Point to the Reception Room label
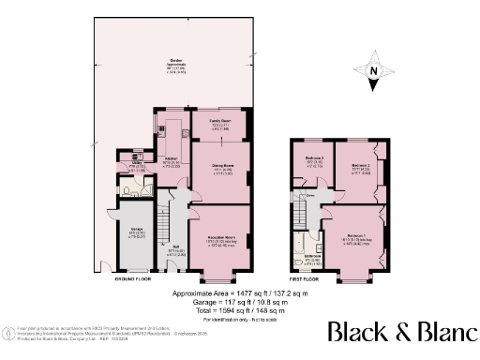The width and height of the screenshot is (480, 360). point(220,238)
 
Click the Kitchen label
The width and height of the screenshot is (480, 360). point(171,160)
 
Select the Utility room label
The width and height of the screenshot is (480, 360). point(136,166)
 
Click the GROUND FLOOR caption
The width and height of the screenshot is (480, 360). point(132,279)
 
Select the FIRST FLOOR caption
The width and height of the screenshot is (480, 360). point(305,279)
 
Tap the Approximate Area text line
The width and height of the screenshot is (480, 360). point(239,293)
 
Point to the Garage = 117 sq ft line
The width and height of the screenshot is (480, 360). point(239,301)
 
